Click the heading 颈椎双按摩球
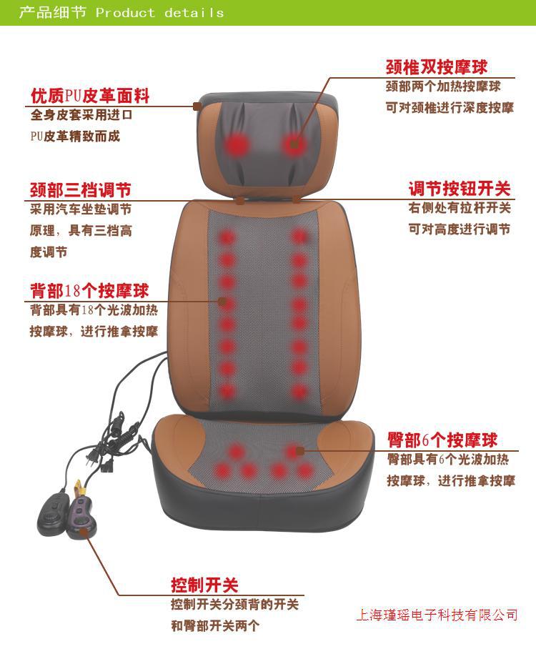(437, 66)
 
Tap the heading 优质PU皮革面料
(90, 96)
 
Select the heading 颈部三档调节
(81, 190)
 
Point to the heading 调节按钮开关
(460, 189)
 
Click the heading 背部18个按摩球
(89, 291)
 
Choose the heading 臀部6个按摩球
(442, 440)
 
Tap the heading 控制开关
(204, 585)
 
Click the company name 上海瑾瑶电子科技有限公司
(437, 615)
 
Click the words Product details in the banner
(160, 13)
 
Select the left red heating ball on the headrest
(237, 145)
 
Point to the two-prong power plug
(93, 457)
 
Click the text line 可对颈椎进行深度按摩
(450, 108)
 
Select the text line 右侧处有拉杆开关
(460, 208)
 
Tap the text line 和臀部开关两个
(215, 625)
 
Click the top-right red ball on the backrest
(299, 237)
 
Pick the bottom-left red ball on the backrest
(227, 392)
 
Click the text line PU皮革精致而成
(75, 136)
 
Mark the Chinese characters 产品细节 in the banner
(53, 12)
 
